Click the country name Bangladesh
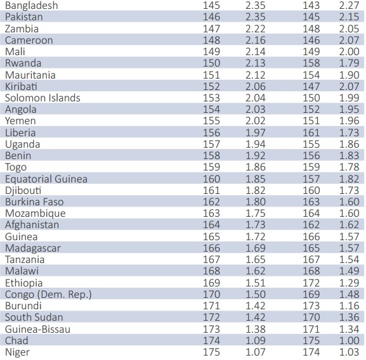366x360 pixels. [32, 6]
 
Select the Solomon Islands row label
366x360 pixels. [42, 98]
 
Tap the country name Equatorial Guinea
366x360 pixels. [46, 179]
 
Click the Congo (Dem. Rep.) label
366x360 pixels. [48, 295]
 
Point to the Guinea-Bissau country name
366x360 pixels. [37, 329]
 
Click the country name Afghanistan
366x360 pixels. [32, 225]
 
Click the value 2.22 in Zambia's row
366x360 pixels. [256, 29]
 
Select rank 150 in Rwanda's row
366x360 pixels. [211, 63]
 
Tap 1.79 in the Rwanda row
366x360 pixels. [350, 63]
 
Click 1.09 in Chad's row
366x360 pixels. [256, 340]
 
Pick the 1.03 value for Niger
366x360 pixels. [350, 352]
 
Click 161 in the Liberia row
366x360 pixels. [311, 132]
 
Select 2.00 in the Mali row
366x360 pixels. [350, 52]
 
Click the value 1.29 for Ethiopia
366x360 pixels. [350, 283]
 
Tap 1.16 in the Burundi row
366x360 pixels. [350, 306]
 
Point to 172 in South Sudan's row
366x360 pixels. [211, 318]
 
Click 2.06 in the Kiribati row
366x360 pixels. [256, 86]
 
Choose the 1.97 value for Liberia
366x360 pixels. [256, 132]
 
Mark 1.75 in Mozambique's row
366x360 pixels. [256, 214]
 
